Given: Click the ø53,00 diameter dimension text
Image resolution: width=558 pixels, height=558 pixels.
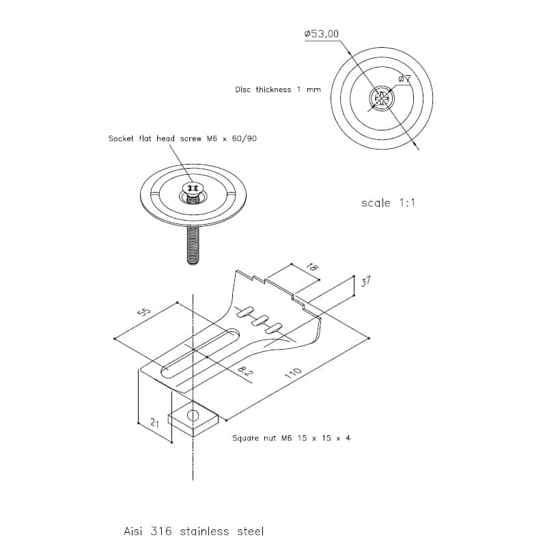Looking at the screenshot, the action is pos(322,34).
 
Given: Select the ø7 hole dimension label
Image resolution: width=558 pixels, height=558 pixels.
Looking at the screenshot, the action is pos(404,79).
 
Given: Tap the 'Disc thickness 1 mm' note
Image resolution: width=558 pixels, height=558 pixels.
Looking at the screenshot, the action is pos(278,89).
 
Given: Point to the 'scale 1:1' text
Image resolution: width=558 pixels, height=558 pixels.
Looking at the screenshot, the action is pos(388,203).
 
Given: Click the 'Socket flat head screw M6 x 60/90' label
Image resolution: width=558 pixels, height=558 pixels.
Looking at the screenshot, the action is pos(182,139).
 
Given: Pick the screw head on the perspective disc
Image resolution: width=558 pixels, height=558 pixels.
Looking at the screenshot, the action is pos(193,188).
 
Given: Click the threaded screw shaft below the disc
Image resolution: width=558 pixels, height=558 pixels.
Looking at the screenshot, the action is pos(193,246).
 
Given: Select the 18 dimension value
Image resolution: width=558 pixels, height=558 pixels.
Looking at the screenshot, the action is pos(312,267).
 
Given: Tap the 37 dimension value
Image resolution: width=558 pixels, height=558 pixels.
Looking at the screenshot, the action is pos(365,282).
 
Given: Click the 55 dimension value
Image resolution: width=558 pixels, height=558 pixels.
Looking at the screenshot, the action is pos(144,312).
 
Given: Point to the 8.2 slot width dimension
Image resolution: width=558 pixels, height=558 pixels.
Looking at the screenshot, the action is pos(245,372).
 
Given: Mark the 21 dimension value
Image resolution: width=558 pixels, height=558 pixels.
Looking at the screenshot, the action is pos(154,423).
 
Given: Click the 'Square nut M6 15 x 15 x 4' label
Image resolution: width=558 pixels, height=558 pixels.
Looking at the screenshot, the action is pos(291,438).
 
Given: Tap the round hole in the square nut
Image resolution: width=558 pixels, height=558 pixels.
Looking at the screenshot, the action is pos(193,415).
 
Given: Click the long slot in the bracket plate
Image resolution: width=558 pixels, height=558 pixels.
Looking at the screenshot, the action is pos(200,353).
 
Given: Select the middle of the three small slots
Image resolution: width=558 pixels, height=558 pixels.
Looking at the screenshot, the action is pos(260,320).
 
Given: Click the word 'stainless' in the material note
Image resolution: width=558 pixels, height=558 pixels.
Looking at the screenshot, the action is pos(205,531).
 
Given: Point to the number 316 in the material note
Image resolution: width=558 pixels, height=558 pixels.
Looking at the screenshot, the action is pos(161,531).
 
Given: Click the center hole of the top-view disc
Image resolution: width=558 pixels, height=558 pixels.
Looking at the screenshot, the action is pos(382,98).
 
